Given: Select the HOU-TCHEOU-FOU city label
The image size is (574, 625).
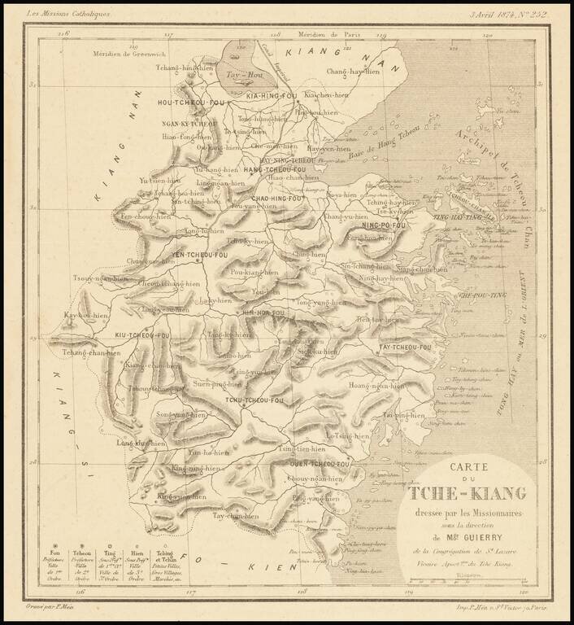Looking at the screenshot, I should (x=190, y=104).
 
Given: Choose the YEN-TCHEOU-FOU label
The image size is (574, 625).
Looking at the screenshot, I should (x=192, y=256).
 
